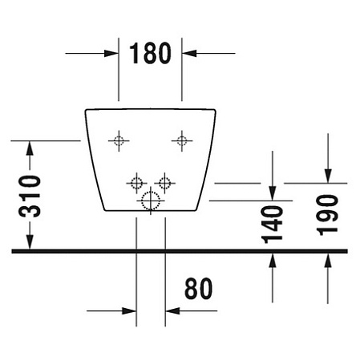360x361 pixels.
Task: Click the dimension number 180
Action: [150, 53]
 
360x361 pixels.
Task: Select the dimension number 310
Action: [30, 196]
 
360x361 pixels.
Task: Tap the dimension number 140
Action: [273, 225]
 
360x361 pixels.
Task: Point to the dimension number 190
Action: [327, 215]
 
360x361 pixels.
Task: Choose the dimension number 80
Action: [198, 289]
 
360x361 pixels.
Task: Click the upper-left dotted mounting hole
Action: [119, 140]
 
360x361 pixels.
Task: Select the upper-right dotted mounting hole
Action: [182, 140]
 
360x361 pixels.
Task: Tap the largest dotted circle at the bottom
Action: [151, 201]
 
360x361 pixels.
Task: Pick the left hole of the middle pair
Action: [136, 183]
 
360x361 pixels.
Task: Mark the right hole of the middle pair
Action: [164, 183]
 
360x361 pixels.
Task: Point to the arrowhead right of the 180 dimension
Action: [189, 53]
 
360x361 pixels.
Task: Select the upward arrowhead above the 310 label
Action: [30, 148]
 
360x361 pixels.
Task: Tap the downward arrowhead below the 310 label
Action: [30, 242]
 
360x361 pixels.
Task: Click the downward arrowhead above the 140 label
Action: [273, 193]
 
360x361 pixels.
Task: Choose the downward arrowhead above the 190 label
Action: [328, 176]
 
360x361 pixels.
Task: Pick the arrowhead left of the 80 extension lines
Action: [129, 310]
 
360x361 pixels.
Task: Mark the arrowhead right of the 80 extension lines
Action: [172, 310]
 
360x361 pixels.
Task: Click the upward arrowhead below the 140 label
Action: [273, 261]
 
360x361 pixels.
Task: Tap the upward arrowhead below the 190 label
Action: [328, 261]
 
